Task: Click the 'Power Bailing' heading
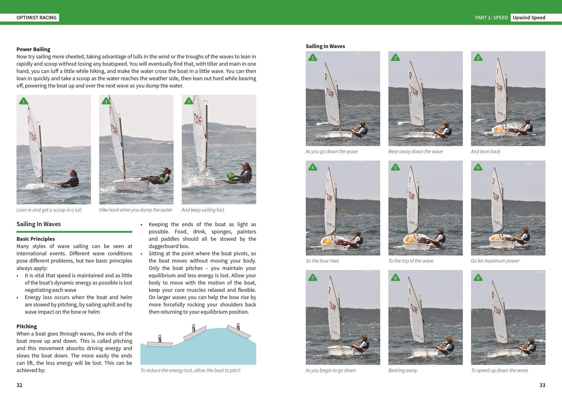33,49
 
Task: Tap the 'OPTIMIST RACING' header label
37,17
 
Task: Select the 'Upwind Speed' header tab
529,17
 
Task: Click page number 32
19,385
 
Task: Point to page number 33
542,385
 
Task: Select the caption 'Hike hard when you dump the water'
135,210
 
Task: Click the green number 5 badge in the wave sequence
395,168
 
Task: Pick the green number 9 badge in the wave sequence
478,278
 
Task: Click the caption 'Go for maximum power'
495,261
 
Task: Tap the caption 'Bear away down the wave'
415,151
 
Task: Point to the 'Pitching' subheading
27,326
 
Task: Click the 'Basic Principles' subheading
36,239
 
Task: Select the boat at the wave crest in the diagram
239,332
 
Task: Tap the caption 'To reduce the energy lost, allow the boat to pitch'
190,370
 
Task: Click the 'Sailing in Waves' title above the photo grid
325,46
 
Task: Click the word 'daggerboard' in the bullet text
165,246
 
